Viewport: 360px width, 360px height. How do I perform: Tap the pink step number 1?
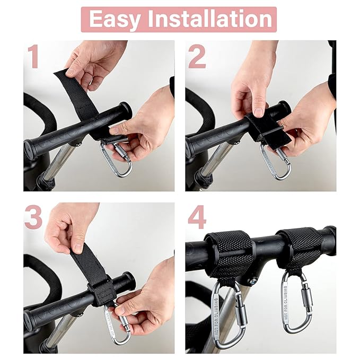(x=34, y=57)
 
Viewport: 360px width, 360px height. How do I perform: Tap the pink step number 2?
(x=197, y=57)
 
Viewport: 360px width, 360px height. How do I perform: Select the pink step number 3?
(x=33, y=217)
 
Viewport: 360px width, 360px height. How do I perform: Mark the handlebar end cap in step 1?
(x=125, y=111)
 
